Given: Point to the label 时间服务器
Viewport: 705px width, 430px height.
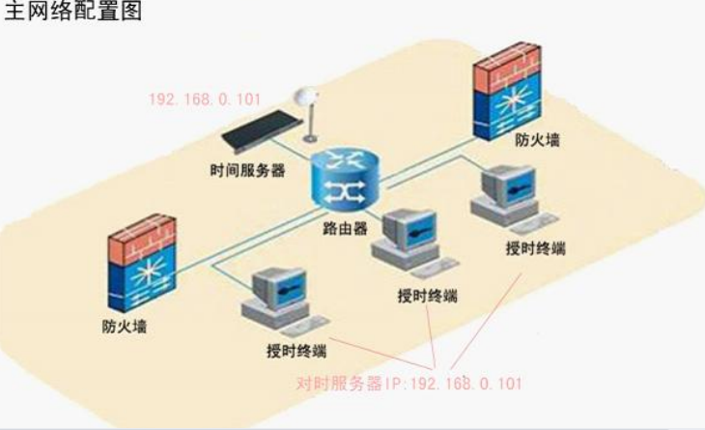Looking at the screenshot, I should point(247,169).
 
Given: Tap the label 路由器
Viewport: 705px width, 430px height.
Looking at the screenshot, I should point(345,232).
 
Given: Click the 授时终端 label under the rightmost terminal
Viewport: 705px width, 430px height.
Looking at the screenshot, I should point(535,248).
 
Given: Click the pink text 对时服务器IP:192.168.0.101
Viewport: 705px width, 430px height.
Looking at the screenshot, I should point(409,384).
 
